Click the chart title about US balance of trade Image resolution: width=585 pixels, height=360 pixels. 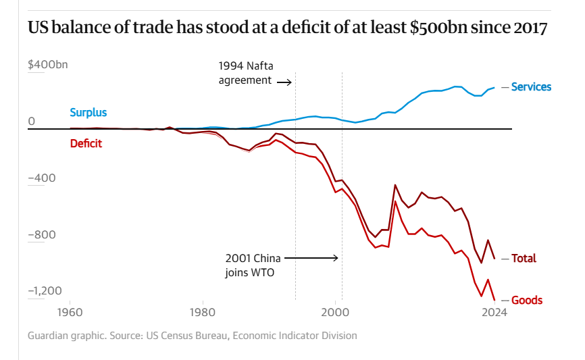click(287, 29)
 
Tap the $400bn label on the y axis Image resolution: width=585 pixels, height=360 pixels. click(48, 65)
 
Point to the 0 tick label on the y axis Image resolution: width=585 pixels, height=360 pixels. click(32, 122)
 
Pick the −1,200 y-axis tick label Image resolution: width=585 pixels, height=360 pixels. click(45, 291)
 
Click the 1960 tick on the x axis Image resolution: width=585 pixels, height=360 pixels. click(70, 312)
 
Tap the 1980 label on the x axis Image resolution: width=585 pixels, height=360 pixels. click(203, 312)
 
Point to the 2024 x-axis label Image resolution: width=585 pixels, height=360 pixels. click(494, 312)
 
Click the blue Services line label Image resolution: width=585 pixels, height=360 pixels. click(531, 86)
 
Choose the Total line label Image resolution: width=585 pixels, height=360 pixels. click(524, 258)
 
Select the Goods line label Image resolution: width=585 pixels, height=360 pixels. click(527, 300)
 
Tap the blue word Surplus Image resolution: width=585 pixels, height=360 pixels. click(88, 112)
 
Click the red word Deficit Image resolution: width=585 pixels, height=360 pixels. click(86, 143)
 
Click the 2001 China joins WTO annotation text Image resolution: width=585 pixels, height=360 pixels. click(252, 265)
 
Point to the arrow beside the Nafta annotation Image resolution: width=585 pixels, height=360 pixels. click(284, 82)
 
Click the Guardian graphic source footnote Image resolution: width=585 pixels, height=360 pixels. click(192, 336)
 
